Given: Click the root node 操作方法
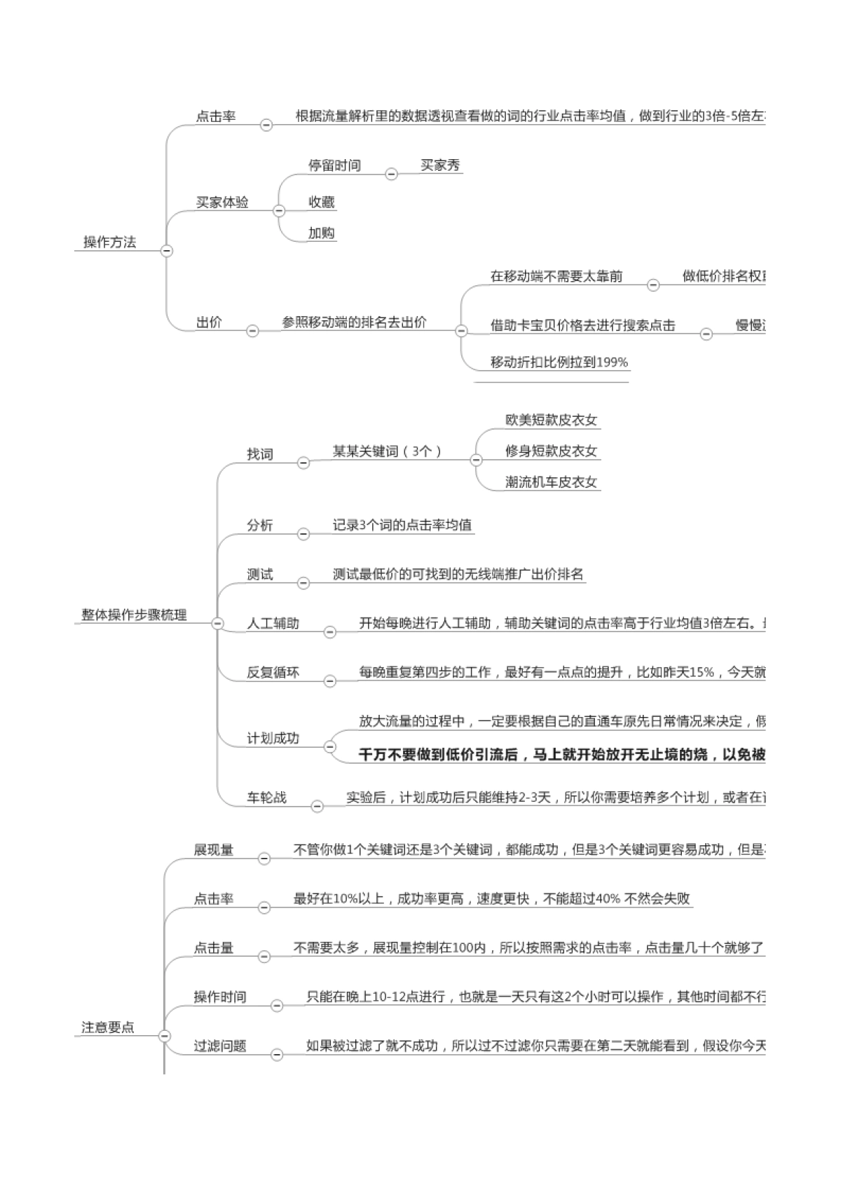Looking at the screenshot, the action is (x=110, y=242).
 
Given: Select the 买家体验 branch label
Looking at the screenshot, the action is (x=222, y=203).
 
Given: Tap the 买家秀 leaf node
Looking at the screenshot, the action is (x=440, y=165).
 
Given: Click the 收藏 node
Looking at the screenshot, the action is (x=322, y=203).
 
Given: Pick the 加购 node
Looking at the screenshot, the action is (x=322, y=233).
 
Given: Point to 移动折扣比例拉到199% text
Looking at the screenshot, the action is (x=559, y=362).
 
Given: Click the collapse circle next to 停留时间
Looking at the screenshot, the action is (x=392, y=174).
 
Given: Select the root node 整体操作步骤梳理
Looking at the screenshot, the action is (x=134, y=615).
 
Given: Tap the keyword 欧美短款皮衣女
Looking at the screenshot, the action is (x=552, y=420).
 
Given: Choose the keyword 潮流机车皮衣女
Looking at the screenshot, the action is (x=552, y=481).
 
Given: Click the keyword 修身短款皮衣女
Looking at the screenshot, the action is (x=552, y=451).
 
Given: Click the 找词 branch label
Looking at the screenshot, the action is (x=259, y=454).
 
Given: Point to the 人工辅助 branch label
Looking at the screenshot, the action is (x=273, y=624).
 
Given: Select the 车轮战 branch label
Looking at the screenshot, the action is (x=266, y=798).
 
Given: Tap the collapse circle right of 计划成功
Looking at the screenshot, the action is (x=330, y=747).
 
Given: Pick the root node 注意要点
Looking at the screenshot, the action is (x=108, y=1027).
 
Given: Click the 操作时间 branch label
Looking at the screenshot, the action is (x=220, y=997).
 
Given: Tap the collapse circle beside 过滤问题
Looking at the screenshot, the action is (x=277, y=1054).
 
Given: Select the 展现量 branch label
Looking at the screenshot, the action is (x=214, y=850).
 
